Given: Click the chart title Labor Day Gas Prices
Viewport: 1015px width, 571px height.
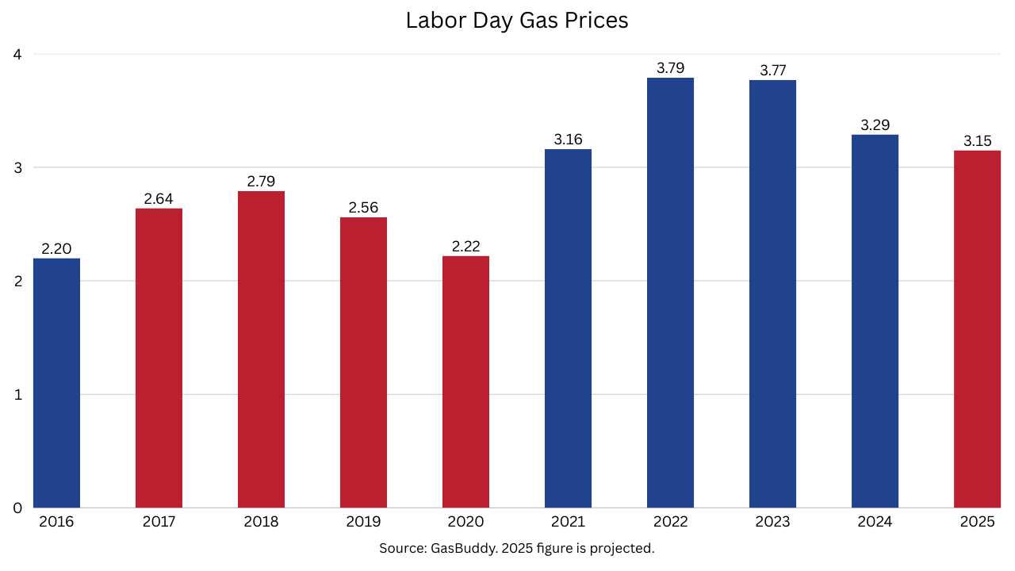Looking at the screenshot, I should pos(517,21).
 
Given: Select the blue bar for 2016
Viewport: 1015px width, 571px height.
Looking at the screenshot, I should pos(56,383).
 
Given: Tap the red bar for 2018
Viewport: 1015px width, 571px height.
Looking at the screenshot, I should pos(261,349).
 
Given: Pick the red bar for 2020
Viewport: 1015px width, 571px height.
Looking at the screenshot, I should pos(465,381).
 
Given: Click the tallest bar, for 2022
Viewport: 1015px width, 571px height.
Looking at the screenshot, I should pos(670,293).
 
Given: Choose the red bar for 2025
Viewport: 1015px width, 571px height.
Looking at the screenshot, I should pos(977,329).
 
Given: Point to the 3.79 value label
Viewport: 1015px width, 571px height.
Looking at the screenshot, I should pos(671,68).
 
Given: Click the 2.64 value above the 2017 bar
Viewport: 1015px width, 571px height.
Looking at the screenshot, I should pos(159,199).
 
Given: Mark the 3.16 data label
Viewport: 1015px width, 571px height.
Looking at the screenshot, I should pos(568,140).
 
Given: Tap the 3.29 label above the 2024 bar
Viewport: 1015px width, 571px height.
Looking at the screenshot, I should pos(875,125).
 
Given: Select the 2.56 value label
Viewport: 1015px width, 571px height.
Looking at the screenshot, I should pos(363,208).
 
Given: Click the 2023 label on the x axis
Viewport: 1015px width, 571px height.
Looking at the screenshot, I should pos(773,522).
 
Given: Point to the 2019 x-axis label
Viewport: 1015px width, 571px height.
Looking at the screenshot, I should pos(363,522).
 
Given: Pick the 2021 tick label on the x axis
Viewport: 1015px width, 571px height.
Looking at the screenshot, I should pos(568,522).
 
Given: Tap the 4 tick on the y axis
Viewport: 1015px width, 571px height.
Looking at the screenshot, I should pos(17,55).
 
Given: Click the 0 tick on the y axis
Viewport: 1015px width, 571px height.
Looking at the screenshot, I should pos(17,508).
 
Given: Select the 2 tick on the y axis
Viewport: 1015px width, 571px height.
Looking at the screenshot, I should pos(17,282).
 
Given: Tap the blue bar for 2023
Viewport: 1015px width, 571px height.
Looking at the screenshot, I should pos(772,293).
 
